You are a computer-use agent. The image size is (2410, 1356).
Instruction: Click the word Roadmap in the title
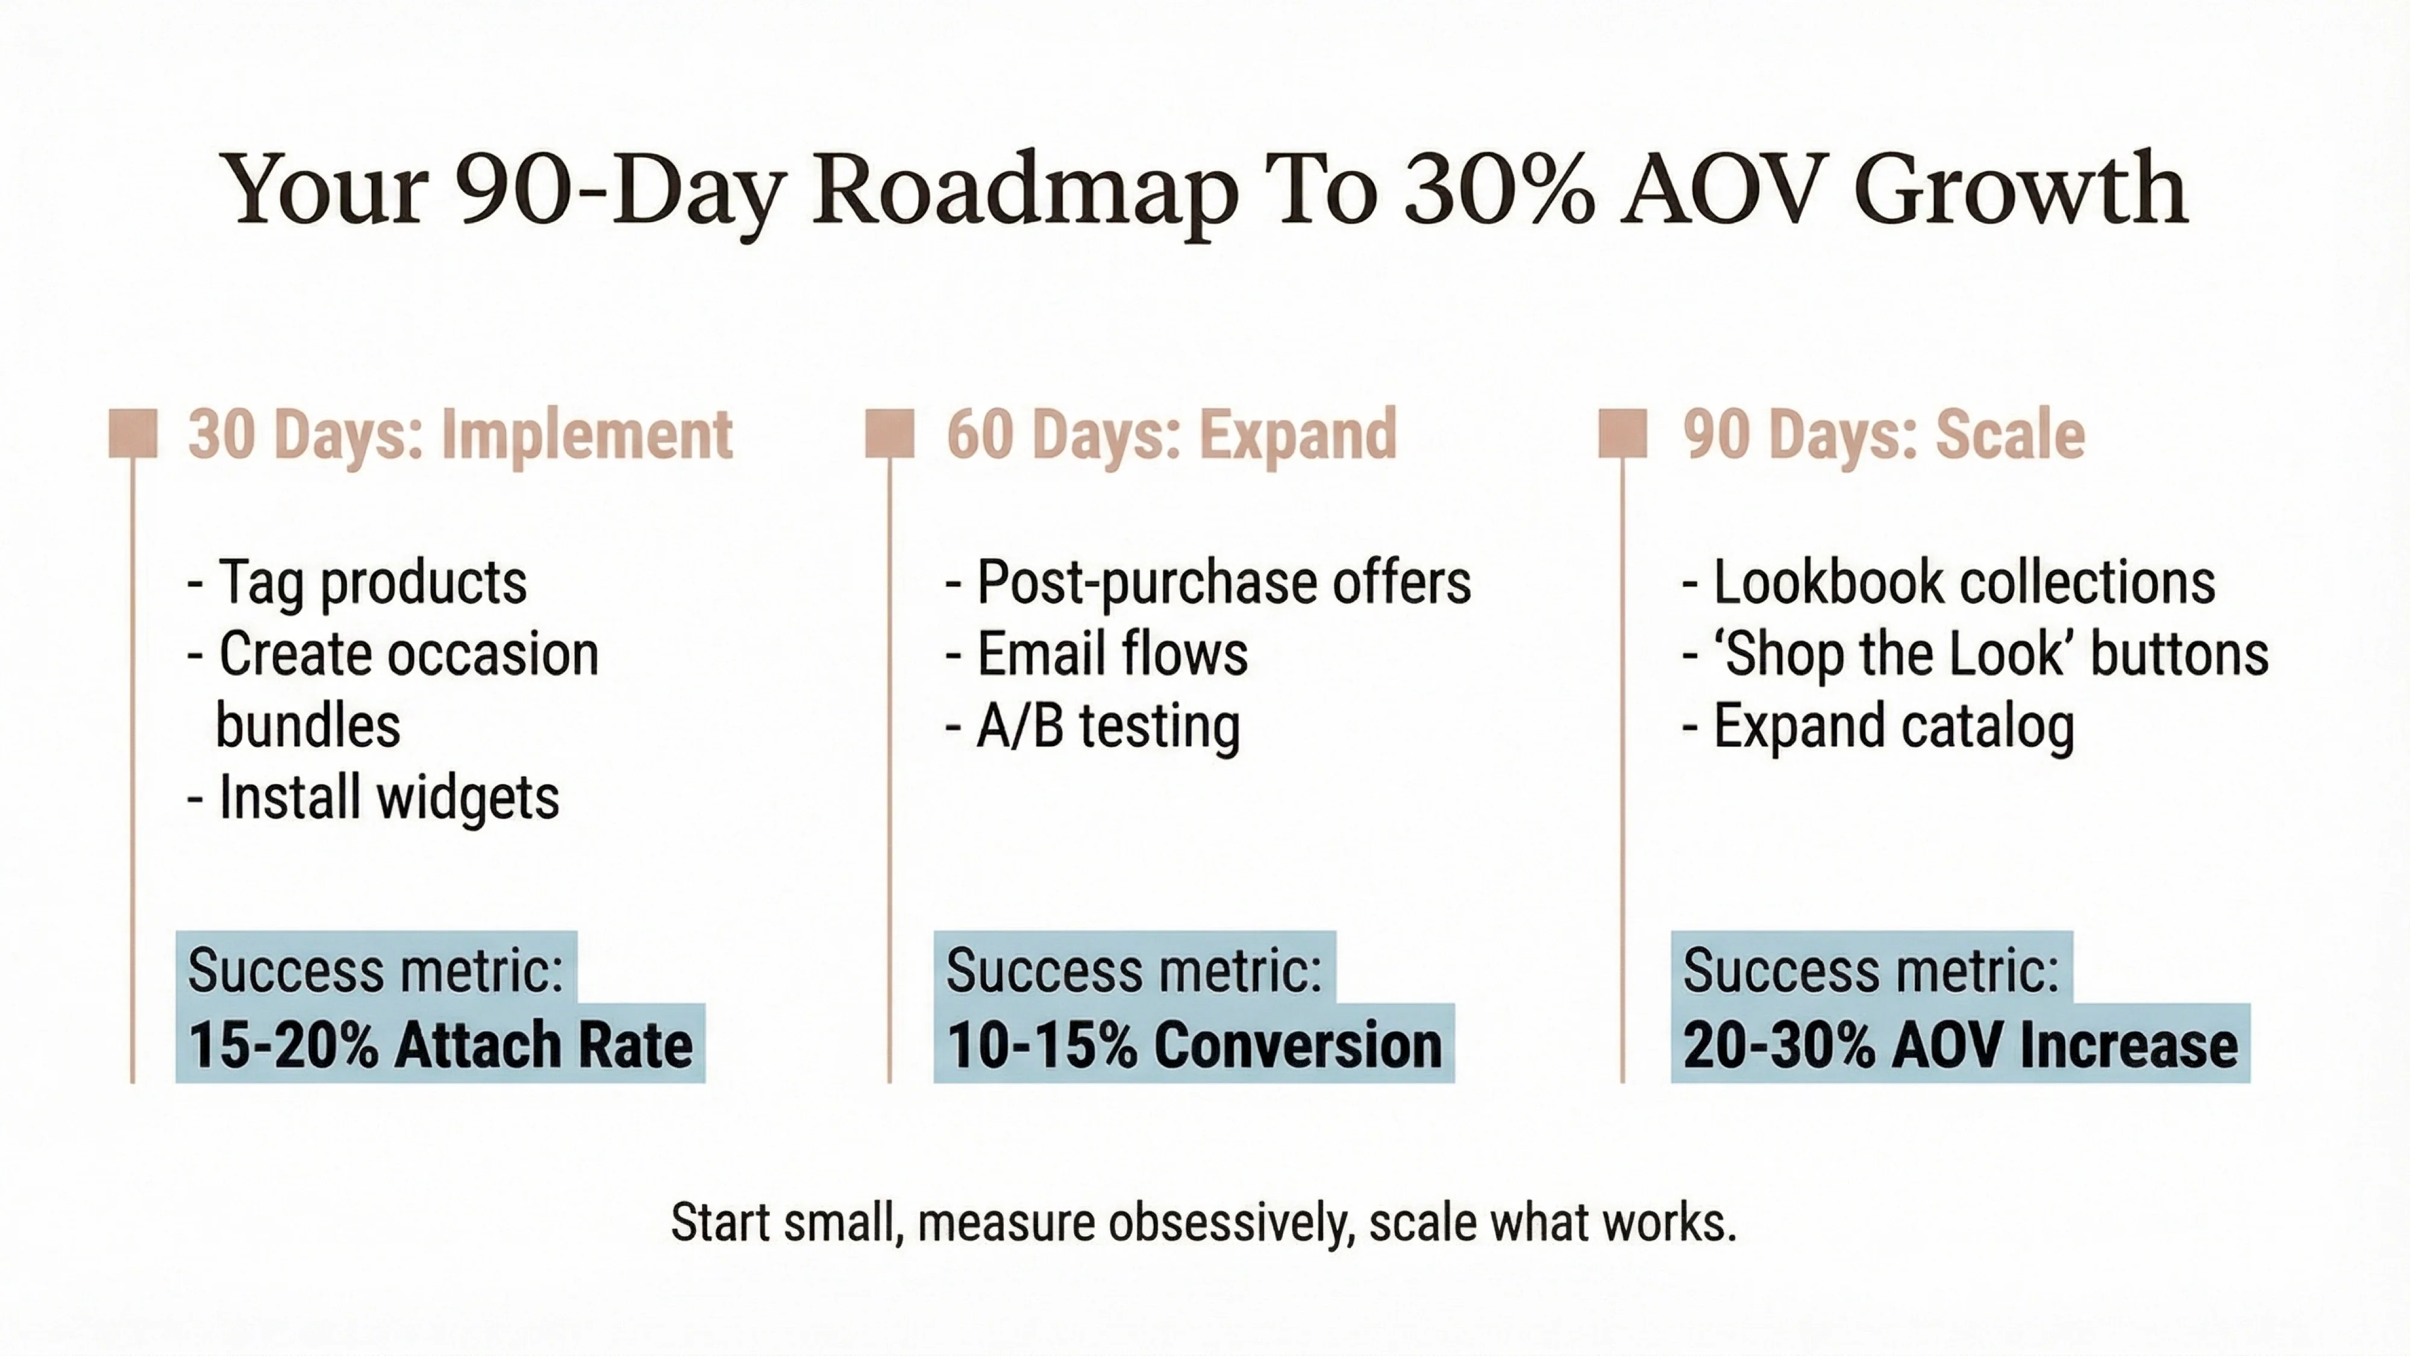(x=1024, y=192)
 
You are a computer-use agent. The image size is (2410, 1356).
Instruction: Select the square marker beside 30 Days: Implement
(x=133, y=433)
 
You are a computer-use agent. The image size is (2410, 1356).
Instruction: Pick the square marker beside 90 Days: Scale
(x=1623, y=433)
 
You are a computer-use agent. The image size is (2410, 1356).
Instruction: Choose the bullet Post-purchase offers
(x=1223, y=582)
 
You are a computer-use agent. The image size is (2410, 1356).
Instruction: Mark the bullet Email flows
(x=1112, y=653)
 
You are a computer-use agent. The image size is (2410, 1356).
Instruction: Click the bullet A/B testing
(x=1108, y=726)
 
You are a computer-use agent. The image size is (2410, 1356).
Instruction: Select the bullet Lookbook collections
(x=1963, y=582)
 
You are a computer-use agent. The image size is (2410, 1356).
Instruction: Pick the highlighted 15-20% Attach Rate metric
(x=440, y=1044)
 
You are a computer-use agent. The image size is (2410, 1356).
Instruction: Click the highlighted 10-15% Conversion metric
(x=1194, y=1044)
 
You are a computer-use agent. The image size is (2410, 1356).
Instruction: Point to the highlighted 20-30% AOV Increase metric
(x=1960, y=1044)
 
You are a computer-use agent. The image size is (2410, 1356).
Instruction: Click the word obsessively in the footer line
(x=1230, y=1222)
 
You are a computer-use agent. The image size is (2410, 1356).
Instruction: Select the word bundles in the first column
(x=308, y=726)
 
